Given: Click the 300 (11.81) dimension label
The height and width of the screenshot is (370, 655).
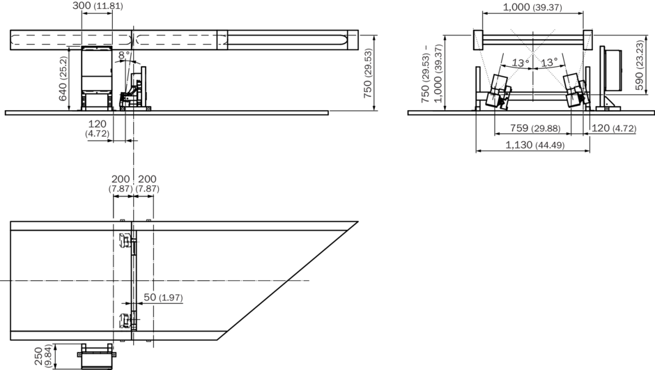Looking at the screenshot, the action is point(98,6).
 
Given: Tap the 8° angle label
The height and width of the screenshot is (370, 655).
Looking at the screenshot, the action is point(124,55).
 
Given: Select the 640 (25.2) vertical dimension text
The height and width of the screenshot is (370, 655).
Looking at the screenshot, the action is point(63,79).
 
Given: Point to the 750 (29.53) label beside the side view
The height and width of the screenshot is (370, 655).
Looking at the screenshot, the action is point(368,73).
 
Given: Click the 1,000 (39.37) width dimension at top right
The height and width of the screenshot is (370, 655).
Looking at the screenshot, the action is point(532,7).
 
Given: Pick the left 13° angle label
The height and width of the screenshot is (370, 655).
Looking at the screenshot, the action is point(521,63).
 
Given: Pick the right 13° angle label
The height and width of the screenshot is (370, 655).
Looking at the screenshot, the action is point(549,63).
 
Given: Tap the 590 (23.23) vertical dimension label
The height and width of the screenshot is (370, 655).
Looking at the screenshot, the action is point(639,65).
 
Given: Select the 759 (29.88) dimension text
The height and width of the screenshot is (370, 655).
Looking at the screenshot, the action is point(535,128).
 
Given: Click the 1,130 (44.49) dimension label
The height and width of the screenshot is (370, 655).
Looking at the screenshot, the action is point(535,145).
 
